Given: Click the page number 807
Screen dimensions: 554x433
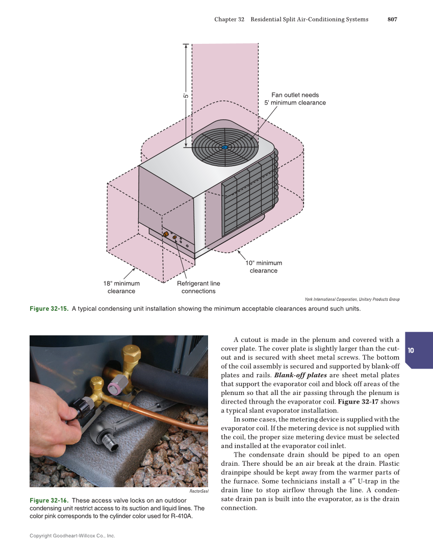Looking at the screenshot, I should [x=392, y=19].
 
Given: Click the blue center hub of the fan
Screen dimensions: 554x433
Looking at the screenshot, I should [x=224, y=148].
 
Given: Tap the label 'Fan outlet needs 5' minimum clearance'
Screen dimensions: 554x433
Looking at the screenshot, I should [x=295, y=99].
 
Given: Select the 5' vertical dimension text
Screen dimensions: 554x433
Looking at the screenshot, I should [x=186, y=95].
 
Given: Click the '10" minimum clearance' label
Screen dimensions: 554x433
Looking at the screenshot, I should [x=264, y=267].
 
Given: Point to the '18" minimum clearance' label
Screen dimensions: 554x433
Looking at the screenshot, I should [x=121, y=287].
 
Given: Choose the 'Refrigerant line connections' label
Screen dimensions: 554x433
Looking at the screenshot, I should [x=198, y=287].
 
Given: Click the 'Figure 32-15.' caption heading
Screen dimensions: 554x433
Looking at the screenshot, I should [x=49, y=309].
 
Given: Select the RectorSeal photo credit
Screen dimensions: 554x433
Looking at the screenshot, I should [x=199, y=491].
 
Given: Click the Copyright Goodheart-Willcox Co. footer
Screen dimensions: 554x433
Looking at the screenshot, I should [x=72, y=536].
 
